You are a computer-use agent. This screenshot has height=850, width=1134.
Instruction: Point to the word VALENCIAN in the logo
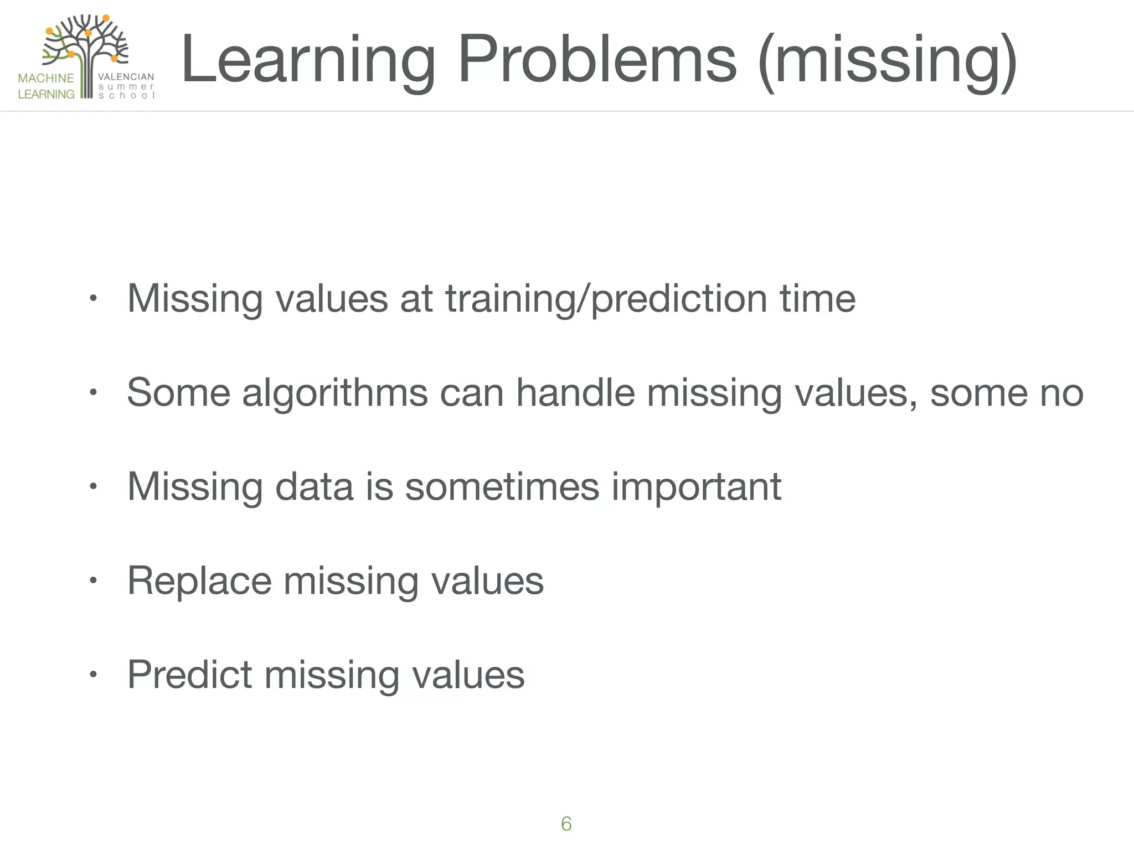126,77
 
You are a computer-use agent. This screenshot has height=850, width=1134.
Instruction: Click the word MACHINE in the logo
46,78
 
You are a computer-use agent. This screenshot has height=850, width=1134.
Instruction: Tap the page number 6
566,824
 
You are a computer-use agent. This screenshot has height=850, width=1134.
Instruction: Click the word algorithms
335,393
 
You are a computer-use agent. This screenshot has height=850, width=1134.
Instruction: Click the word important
696,488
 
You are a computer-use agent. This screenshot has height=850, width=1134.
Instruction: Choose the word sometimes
502,487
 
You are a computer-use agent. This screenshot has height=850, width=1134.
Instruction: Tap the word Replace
199,581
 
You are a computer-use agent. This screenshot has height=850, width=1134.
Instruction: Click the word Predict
190,675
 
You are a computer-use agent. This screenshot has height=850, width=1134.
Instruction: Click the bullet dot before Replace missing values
93,581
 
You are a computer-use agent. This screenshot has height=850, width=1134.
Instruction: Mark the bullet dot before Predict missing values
93,675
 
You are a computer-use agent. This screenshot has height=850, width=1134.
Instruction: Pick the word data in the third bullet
314,487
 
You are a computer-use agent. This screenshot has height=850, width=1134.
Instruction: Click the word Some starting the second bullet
178,392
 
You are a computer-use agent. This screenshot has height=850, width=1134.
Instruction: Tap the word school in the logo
126,95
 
